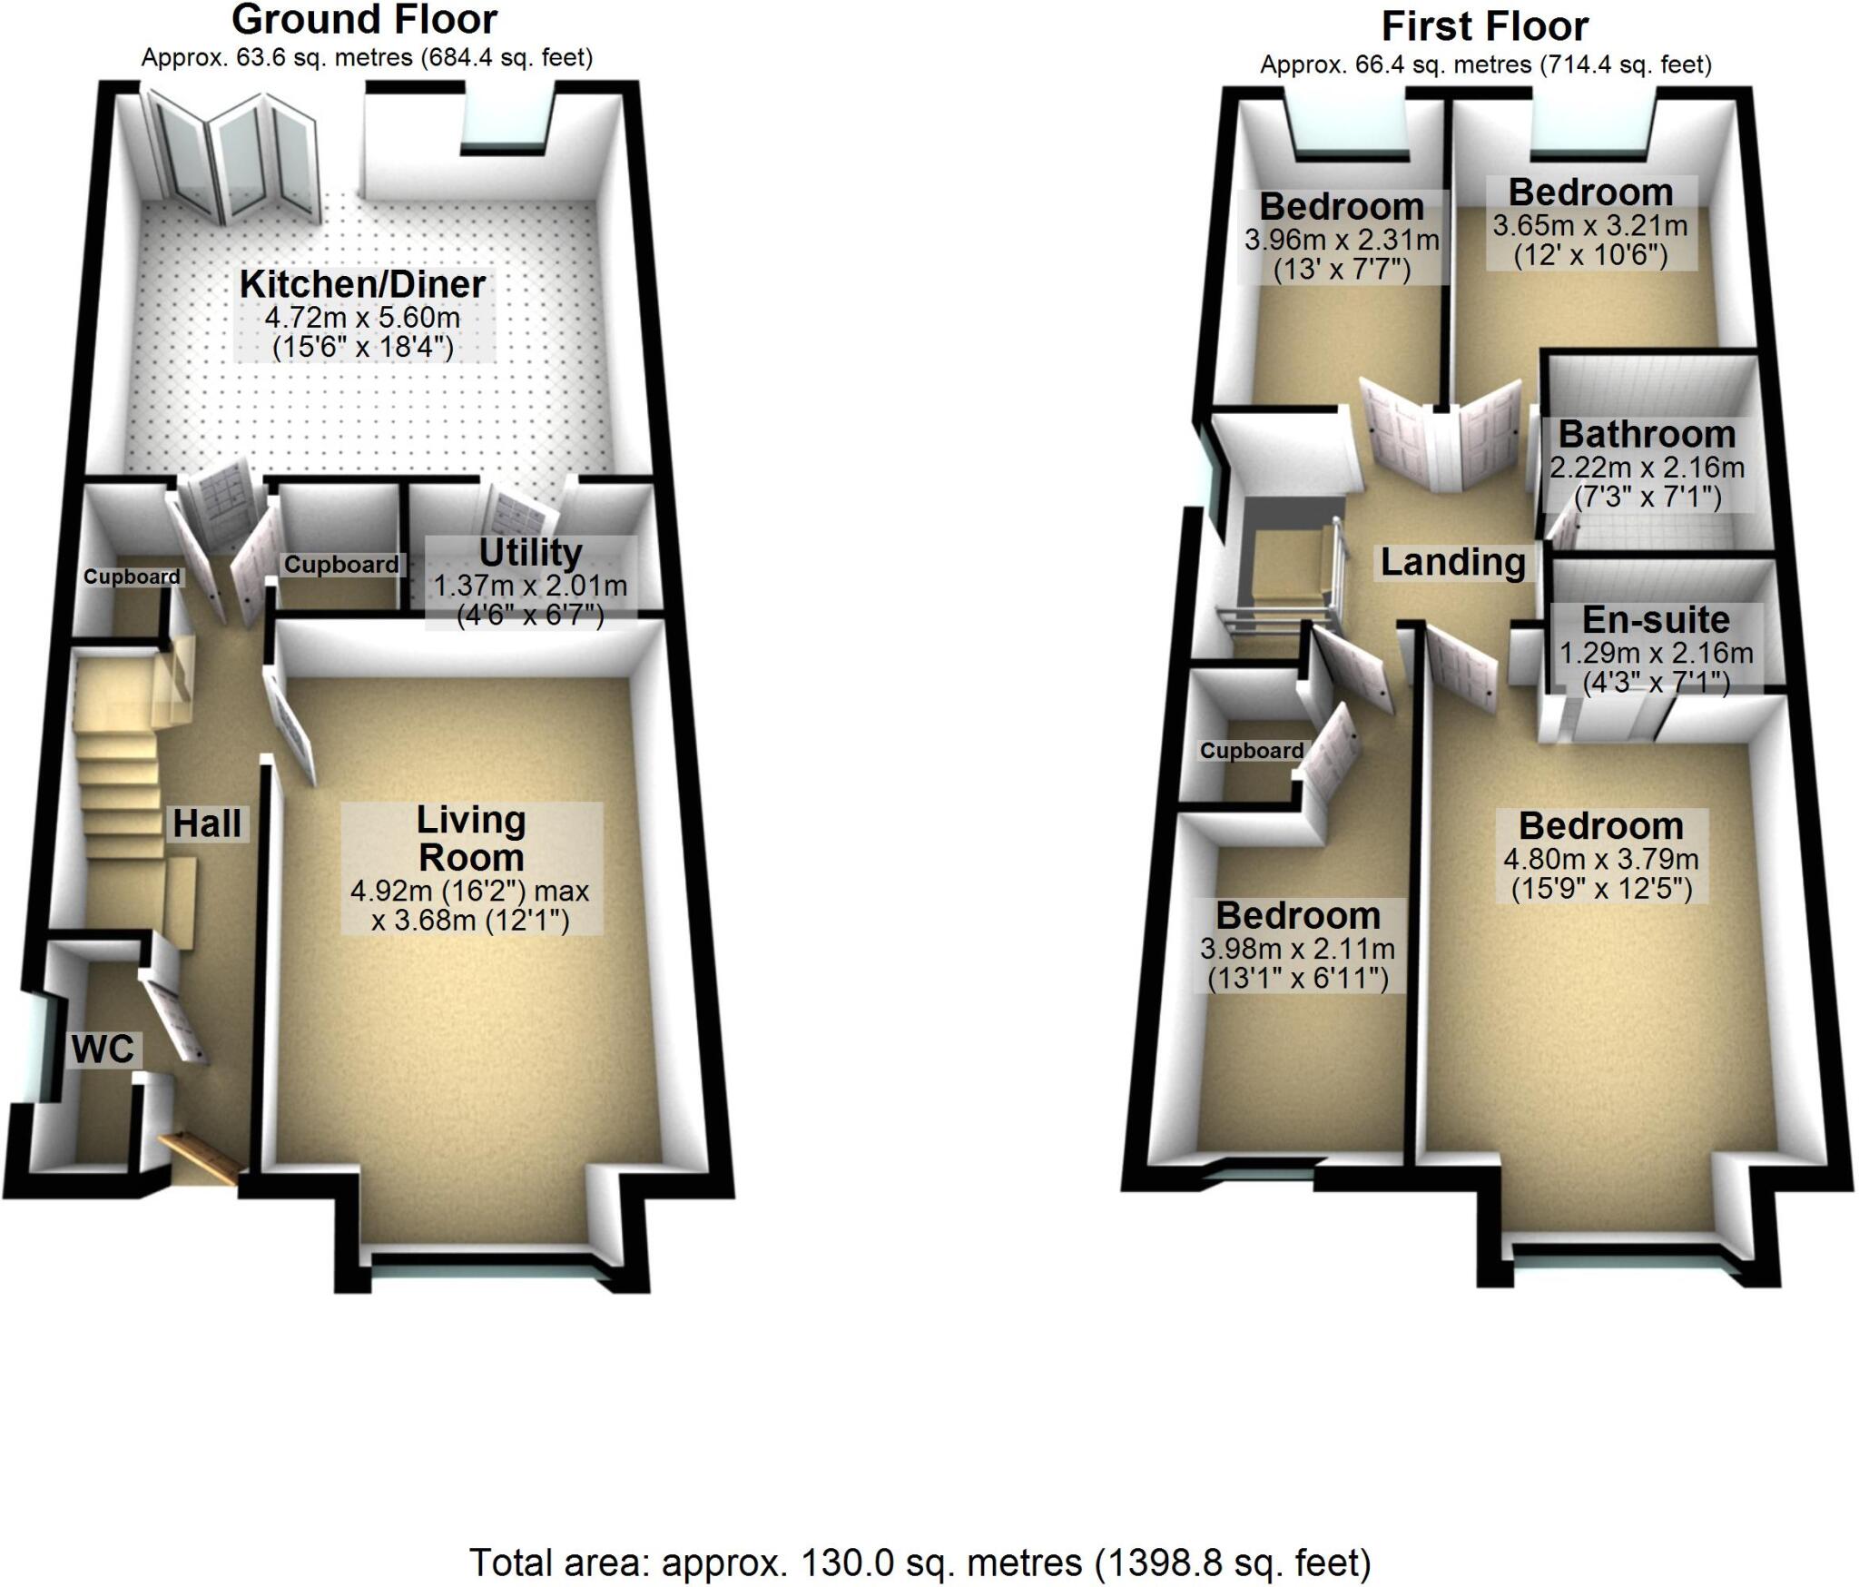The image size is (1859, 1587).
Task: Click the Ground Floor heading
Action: [x=364, y=20]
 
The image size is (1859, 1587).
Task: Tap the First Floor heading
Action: [x=1484, y=27]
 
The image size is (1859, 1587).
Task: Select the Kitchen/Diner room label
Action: [x=362, y=285]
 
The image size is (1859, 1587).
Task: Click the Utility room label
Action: [x=530, y=553]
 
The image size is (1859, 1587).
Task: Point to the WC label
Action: [x=103, y=1050]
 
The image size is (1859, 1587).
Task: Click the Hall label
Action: [x=207, y=824]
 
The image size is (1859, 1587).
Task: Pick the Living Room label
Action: [x=470, y=839]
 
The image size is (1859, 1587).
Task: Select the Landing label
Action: [x=1452, y=563]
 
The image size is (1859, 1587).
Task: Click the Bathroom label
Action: [x=1647, y=435]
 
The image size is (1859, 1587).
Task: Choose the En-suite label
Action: [x=1656, y=620]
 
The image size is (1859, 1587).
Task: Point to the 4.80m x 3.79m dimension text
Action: [x=1601, y=859]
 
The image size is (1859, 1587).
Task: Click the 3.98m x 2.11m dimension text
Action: [x=1297, y=950]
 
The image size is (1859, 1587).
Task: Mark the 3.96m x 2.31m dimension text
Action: [x=1342, y=241]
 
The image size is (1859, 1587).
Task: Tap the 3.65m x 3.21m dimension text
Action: [x=1590, y=225]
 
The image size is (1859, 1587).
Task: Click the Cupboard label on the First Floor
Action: [x=1251, y=751]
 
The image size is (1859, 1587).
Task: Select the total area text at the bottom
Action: [x=920, y=1563]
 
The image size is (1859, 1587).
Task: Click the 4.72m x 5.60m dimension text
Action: [x=362, y=319]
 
